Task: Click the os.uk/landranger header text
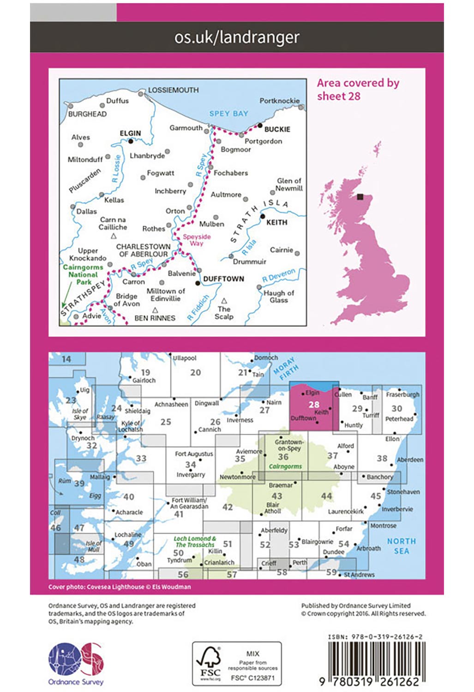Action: click(x=237, y=37)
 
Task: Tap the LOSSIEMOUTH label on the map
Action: click(x=173, y=90)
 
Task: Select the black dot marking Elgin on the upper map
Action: click(x=131, y=141)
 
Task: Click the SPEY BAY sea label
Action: click(x=228, y=113)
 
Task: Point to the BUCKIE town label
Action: click(x=277, y=129)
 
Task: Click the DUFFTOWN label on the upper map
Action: click(x=223, y=279)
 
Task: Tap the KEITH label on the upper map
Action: click(x=276, y=222)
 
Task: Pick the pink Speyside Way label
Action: click(x=197, y=240)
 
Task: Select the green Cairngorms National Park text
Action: click(x=83, y=274)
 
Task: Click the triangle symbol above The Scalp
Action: click(x=224, y=300)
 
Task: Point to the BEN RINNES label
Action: click(x=155, y=318)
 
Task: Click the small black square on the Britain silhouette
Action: click(x=360, y=197)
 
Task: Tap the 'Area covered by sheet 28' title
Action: click(x=358, y=89)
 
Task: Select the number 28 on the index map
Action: click(x=314, y=405)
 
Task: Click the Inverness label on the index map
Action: click(x=240, y=420)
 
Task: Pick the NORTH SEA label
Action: click(x=401, y=546)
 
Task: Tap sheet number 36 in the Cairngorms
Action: click(x=283, y=457)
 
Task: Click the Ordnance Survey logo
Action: click(x=76, y=663)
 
